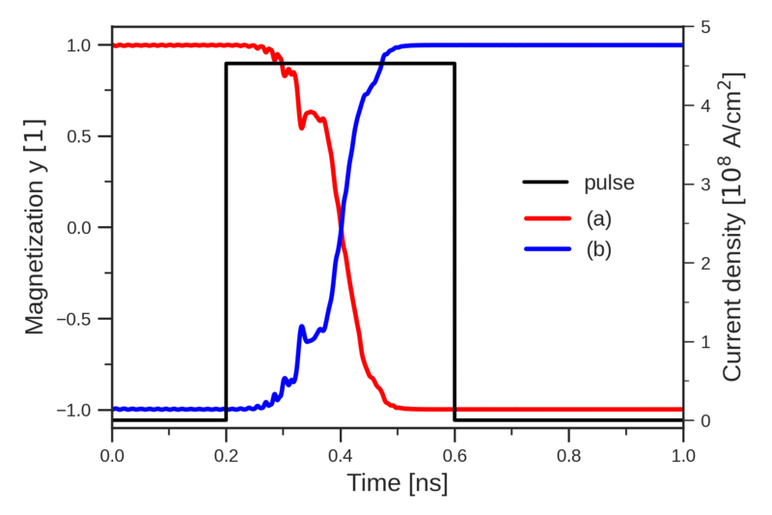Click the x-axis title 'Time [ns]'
coord(398,481)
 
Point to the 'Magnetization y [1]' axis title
coord(36,228)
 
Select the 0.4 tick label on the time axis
coord(341,450)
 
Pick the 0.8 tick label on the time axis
coord(568,450)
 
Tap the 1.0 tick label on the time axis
coord(682,450)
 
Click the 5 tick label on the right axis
coord(700,27)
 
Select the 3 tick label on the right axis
coord(700,185)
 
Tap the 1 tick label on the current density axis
coord(700,342)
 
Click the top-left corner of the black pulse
coord(227,64)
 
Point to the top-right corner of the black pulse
coord(455,64)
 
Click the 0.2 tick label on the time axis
coord(227,450)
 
